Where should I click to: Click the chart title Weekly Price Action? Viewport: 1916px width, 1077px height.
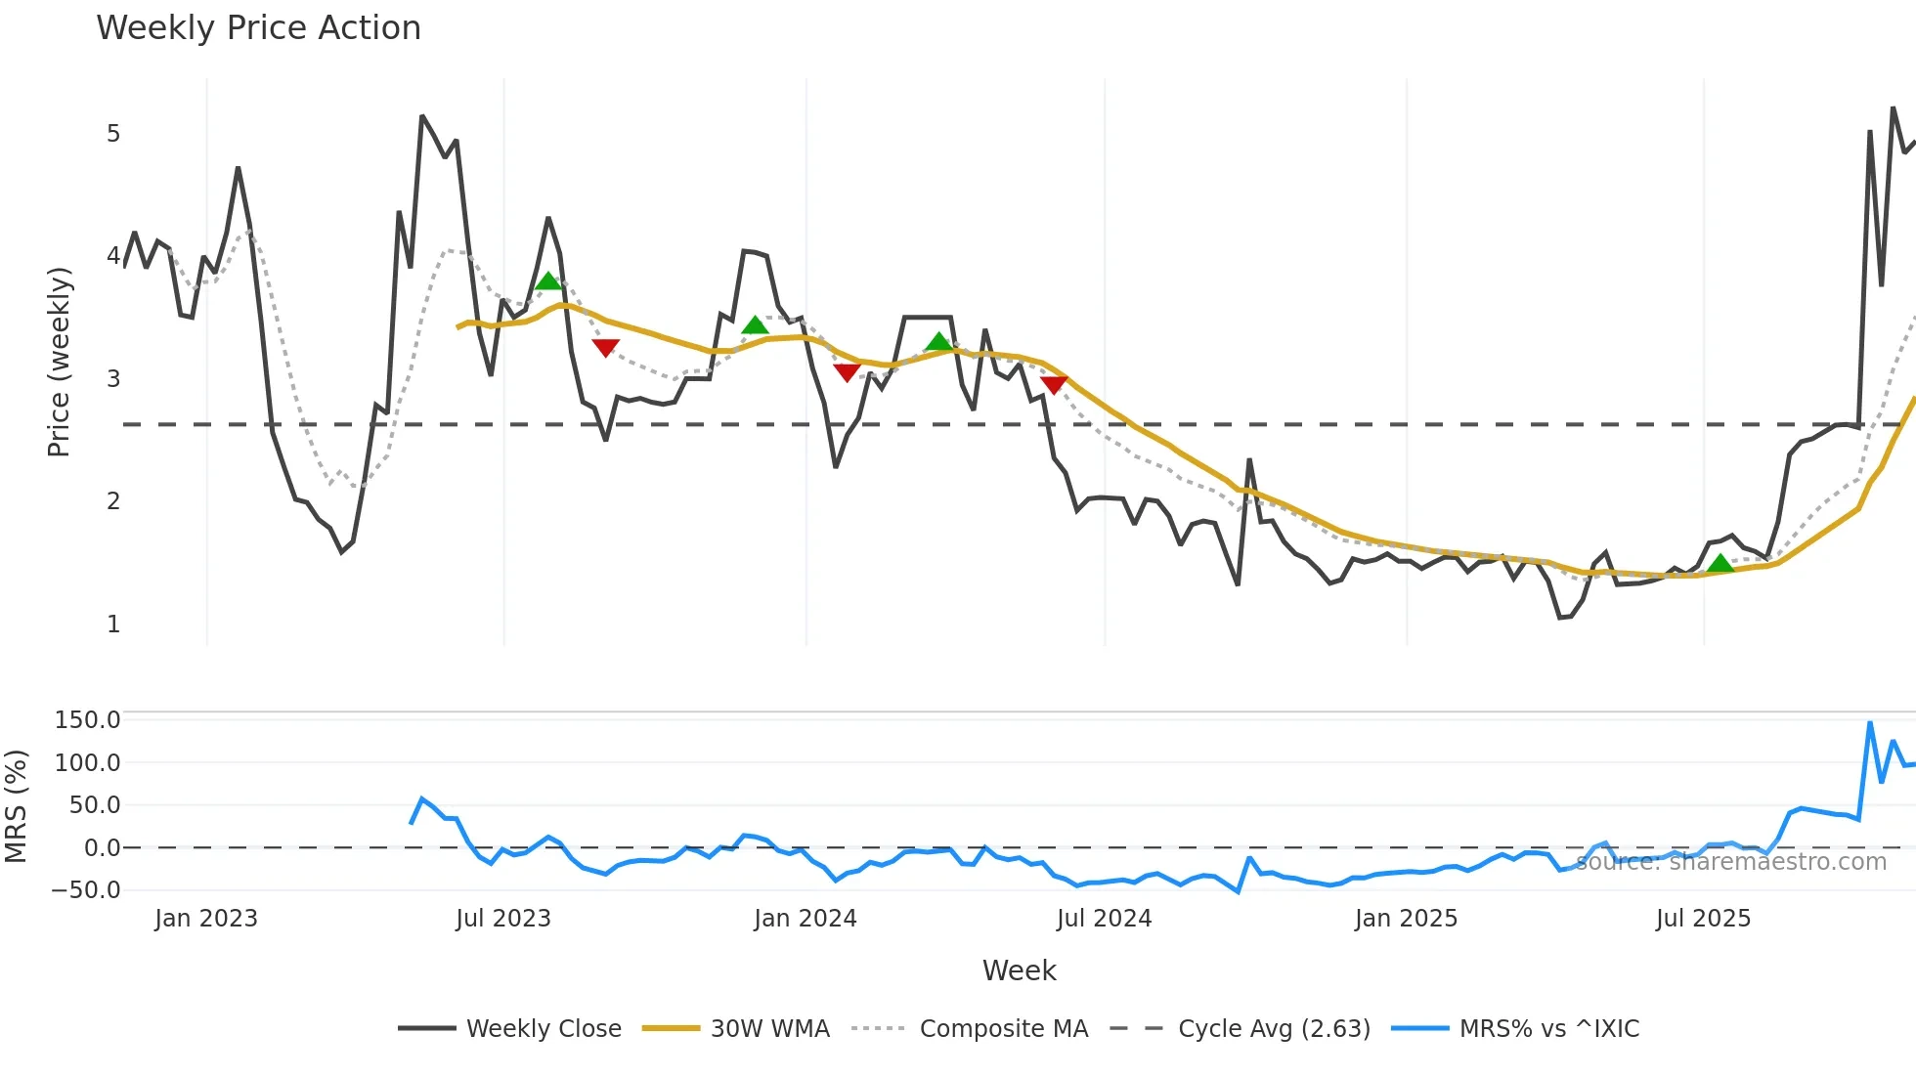[x=258, y=28]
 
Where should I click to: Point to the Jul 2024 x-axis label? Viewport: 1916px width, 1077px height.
[x=1104, y=919]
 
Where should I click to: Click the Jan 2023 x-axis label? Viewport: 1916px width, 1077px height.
[x=206, y=919]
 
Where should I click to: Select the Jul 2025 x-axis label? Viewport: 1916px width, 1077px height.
[x=1703, y=919]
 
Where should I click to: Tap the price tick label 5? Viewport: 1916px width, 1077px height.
[x=113, y=134]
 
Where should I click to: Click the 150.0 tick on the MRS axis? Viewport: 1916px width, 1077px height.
[x=87, y=720]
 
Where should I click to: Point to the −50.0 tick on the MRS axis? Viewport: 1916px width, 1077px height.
[x=86, y=890]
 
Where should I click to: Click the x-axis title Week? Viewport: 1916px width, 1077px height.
[x=1019, y=970]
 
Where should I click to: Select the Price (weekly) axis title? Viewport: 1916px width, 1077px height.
[x=59, y=362]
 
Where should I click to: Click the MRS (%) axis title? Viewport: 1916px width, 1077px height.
[x=16, y=806]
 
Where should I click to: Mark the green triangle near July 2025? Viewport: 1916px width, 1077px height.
[x=1720, y=564]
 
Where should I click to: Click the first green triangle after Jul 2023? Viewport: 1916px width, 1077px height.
[x=548, y=281]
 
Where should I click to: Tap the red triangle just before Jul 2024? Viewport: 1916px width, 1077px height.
[x=1053, y=385]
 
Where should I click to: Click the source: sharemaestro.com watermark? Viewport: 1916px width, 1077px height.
[x=1730, y=862]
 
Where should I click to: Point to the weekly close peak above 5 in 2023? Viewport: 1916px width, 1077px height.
[x=422, y=116]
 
